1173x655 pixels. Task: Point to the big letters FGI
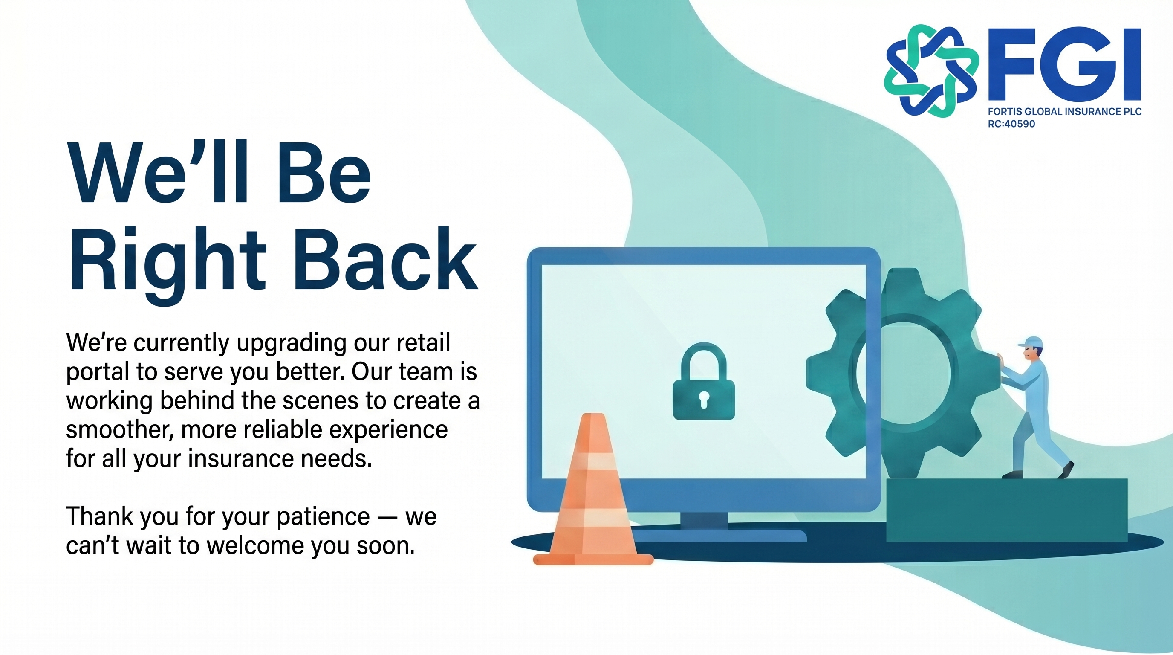pos(1065,64)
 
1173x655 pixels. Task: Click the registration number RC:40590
pos(1011,124)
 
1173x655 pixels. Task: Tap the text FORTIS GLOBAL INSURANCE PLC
pos(1065,112)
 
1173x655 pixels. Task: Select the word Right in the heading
pos(167,265)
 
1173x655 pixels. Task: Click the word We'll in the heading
pos(158,172)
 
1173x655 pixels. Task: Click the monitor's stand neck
pos(704,521)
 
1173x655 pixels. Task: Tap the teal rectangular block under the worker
pos(1007,510)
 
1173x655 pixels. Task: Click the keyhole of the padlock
pos(704,400)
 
